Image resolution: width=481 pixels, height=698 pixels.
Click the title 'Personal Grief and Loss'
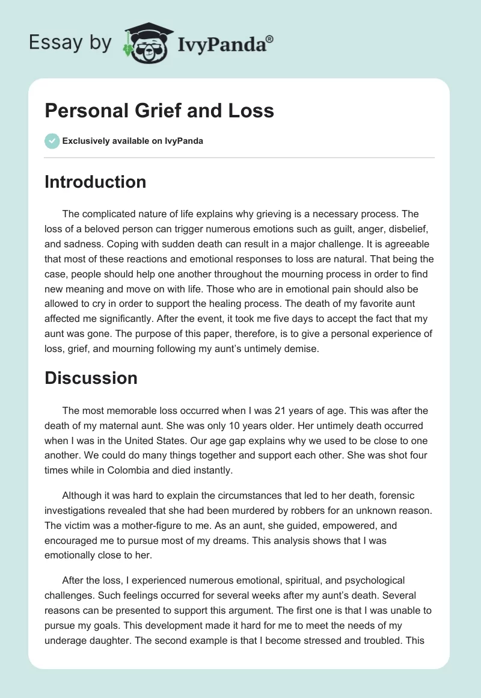coord(159,111)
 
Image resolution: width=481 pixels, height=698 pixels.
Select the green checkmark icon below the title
coord(52,141)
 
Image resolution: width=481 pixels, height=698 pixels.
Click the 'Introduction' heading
coord(95,182)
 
